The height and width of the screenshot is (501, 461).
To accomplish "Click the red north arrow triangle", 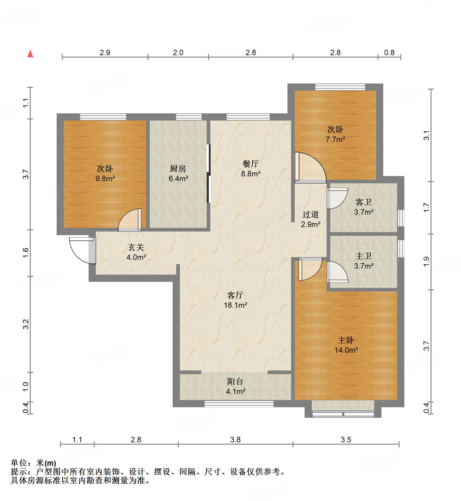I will point(30,54).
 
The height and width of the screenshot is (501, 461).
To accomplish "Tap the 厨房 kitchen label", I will point(178,169).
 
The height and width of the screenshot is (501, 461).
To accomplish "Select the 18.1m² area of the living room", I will point(235,305).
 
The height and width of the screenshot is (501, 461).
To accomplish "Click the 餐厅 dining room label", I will point(250,164).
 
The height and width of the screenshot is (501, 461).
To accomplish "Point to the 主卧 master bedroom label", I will point(346,340).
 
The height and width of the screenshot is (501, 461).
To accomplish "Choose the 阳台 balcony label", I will point(235,382).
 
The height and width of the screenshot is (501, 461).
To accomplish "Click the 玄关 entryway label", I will point(136,247).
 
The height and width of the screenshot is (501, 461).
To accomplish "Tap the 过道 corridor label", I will point(310,215).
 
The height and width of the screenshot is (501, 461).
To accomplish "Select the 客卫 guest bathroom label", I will point(363,202).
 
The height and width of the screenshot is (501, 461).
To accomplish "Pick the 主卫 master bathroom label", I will point(363,256).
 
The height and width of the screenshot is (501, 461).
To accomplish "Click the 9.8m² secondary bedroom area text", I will point(105,178).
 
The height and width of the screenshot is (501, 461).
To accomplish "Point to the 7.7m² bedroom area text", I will point(335,139).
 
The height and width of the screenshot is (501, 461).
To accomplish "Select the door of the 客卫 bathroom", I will point(337,198).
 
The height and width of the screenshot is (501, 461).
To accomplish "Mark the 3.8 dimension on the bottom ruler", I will point(235,440).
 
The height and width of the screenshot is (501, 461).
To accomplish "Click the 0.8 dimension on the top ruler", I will point(389,53).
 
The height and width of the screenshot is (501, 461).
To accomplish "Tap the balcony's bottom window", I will point(239,404).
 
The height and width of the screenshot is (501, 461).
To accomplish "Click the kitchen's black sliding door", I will point(208,174).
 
